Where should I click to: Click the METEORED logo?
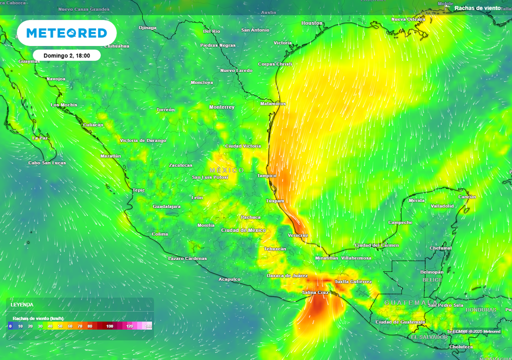[66, 33]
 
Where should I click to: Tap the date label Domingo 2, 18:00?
[66, 55]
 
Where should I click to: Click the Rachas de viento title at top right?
[477, 8]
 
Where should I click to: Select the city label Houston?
[312, 23]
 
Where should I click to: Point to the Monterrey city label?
[221, 107]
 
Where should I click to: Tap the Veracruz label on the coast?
[298, 235]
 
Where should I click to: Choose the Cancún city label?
[467, 197]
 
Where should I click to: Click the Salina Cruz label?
[315, 292]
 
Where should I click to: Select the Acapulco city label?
[229, 279]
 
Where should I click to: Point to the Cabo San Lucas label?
[47, 163]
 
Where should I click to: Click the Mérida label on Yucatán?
[416, 201]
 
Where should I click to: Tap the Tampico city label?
[266, 176]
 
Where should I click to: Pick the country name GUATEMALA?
[406, 303]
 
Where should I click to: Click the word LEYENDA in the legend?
[22, 304]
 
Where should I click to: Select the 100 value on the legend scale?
[109, 326]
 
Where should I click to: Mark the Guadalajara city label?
[166, 206]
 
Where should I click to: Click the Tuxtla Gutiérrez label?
[353, 282]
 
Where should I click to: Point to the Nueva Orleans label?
[408, 19]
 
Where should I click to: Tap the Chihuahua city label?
[116, 46]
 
